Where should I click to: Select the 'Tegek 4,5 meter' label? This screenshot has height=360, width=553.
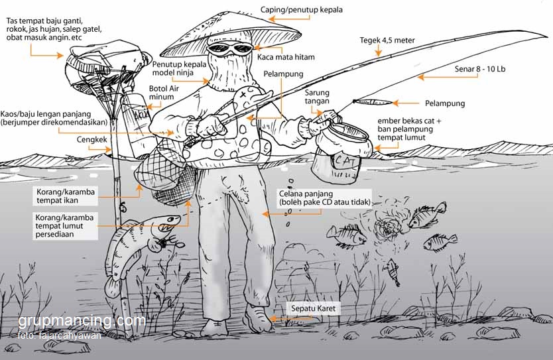click(387, 40)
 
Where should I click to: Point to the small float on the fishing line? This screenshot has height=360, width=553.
click(367, 102)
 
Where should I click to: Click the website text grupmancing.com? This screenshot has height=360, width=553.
click(82, 322)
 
